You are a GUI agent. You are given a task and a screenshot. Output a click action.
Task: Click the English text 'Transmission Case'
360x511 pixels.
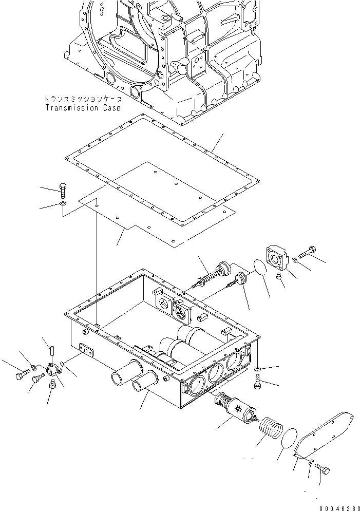[x=83, y=108]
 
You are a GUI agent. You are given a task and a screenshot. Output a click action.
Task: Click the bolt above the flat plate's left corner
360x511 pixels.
[x=63, y=190]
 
